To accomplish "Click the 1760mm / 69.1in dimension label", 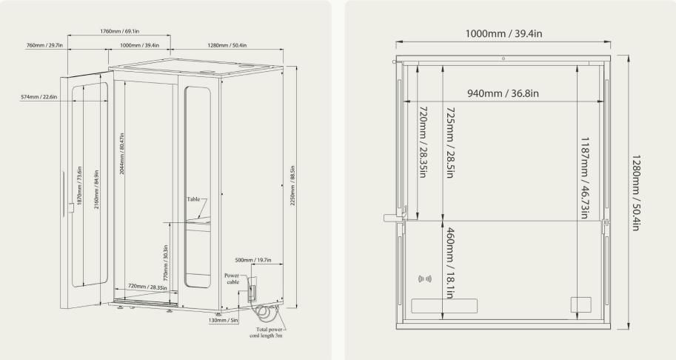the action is tap(119, 31).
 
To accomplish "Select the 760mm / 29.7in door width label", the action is tap(44, 45).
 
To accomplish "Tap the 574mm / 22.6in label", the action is tap(39, 97).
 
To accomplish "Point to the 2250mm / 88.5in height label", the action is tap(292, 185).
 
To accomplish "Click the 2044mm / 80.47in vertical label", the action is tap(122, 153).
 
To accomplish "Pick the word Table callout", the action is tap(193, 199).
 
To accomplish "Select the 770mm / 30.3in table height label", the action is tap(166, 262).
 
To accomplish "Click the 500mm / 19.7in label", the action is tap(253, 260).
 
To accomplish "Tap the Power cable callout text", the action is tap(232, 279).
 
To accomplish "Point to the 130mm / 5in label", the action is tap(224, 320).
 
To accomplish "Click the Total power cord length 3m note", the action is tap(267, 333).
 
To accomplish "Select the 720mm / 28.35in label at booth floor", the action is tap(147, 287).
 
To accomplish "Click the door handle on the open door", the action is tap(71, 208).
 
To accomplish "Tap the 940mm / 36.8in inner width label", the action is tap(503, 93).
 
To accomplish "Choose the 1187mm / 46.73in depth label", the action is tap(585, 178).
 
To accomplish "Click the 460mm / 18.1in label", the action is tap(449, 263).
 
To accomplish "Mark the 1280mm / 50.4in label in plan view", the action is tap(635, 193).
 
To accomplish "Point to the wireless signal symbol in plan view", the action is tap(425, 279).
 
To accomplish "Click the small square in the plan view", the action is tap(580, 304).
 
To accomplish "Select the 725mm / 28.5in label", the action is tap(450, 143).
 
